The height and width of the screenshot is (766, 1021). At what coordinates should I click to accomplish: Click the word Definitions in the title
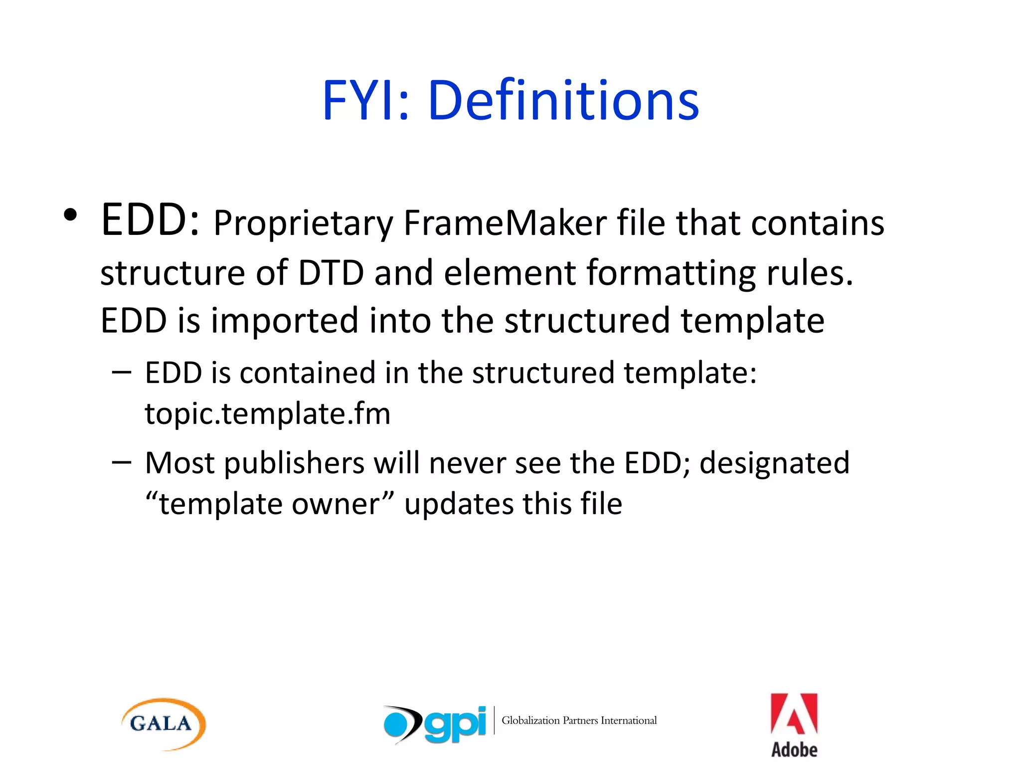[x=563, y=101]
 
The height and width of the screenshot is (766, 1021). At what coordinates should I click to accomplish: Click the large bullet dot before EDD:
[x=71, y=215]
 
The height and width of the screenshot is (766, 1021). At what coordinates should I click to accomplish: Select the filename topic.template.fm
[x=268, y=413]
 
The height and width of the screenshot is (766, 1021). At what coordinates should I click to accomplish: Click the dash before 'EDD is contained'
[x=122, y=372]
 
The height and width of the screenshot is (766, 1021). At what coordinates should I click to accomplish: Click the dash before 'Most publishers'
[x=122, y=462]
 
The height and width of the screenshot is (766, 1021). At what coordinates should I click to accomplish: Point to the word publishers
[x=294, y=463]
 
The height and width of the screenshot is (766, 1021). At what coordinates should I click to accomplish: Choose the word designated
[x=774, y=463]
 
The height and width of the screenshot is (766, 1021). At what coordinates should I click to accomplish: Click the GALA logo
[x=163, y=724]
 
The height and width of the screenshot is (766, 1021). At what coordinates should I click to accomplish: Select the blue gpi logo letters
[x=455, y=724]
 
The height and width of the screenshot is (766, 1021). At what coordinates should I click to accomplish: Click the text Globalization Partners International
[x=579, y=721]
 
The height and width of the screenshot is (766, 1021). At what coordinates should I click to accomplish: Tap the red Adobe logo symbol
[x=794, y=714]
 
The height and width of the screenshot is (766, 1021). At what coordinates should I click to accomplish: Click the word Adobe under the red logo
[x=794, y=750]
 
